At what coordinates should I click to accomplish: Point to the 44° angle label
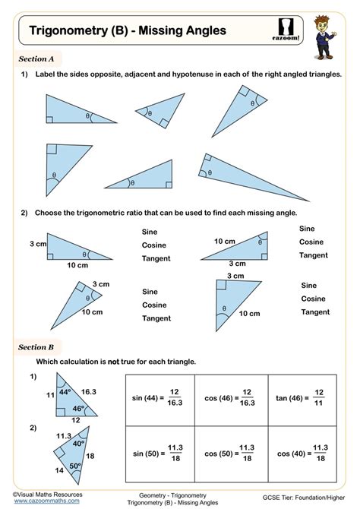(x=65, y=392)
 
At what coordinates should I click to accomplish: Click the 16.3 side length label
(x=89, y=392)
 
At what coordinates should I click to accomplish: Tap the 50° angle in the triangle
(x=75, y=466)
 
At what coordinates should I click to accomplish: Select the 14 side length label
(x=59, y=470)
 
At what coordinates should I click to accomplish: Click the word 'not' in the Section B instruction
(x=113, y=362)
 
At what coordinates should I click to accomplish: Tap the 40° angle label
(x=78, y=443)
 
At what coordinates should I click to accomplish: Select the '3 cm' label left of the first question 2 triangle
(x=39, y=244)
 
